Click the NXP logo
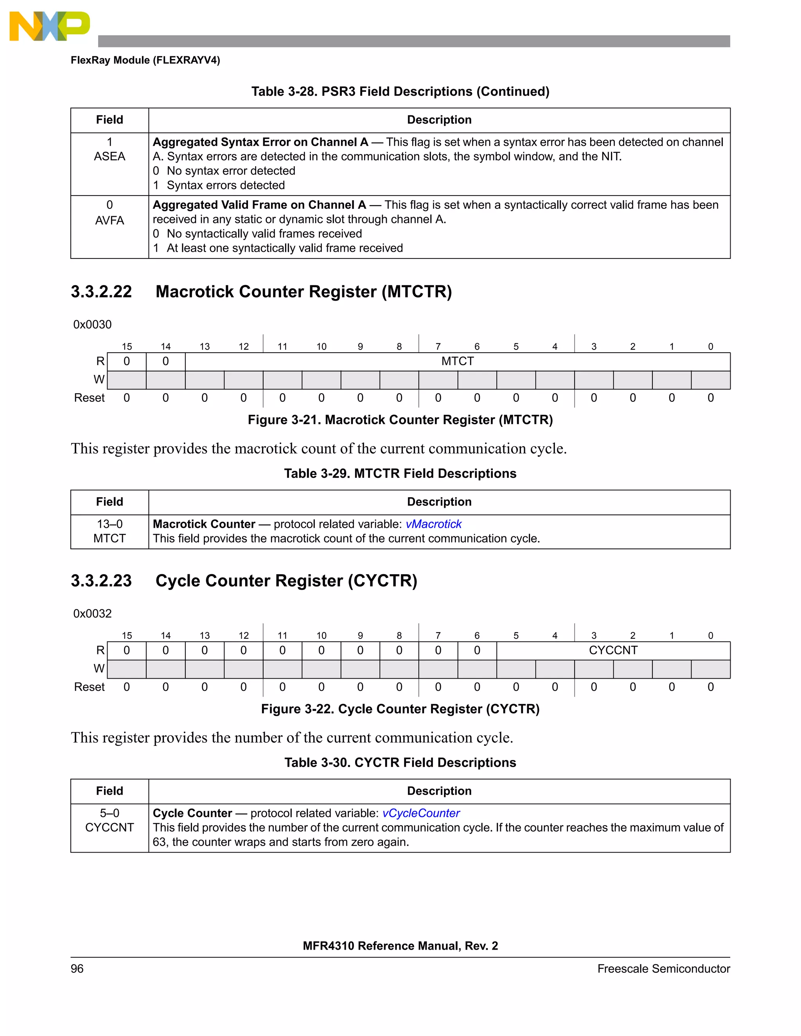point(49,26)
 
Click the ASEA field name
point(109,156)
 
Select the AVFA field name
point(109,220)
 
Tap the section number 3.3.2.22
point(101,291)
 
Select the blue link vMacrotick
point(433,524)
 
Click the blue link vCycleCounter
point(420,813)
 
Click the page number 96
point(77,969)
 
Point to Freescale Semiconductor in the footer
point(663,969)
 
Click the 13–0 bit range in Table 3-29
point(109,524)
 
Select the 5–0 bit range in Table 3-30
point(109,813)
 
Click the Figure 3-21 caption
point(400,420)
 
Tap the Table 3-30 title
point(400,762)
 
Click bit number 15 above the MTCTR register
point(127,346)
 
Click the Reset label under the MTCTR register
point(89,398)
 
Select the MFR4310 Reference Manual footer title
point(400,946)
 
